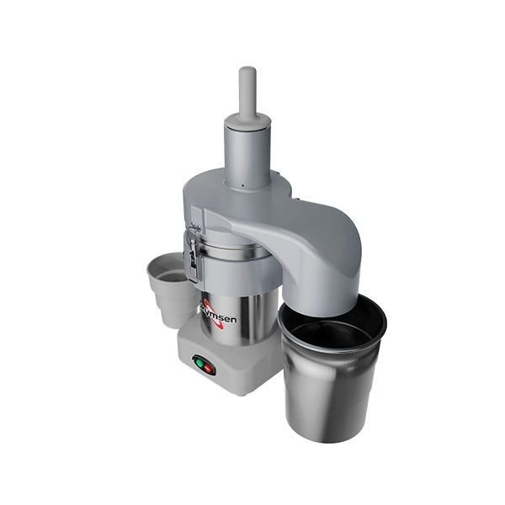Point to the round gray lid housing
(252, 198)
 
